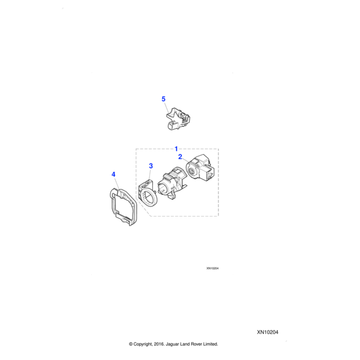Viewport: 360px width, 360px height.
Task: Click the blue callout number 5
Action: click(163, 99)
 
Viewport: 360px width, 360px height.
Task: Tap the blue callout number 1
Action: click(176, 149)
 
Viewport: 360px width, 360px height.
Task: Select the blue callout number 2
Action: click(180, 157)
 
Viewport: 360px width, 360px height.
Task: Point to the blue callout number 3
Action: click(151, 166)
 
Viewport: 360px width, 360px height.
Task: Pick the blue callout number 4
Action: click(113, 175)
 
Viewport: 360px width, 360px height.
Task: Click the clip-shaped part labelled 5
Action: click(178, 118)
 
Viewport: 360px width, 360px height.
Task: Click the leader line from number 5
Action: click(166, 107)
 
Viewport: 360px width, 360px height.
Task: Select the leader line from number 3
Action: click(150, 174)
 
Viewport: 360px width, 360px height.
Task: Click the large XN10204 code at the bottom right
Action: click(268, 332)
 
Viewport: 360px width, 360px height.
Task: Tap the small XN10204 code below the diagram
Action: click(212, 268)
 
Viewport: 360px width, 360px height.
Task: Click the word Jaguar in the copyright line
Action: click(172, 344)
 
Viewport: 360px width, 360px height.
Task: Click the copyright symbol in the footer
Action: click(131, 344)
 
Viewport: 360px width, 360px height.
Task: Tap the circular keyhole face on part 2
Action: click(191, 170)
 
